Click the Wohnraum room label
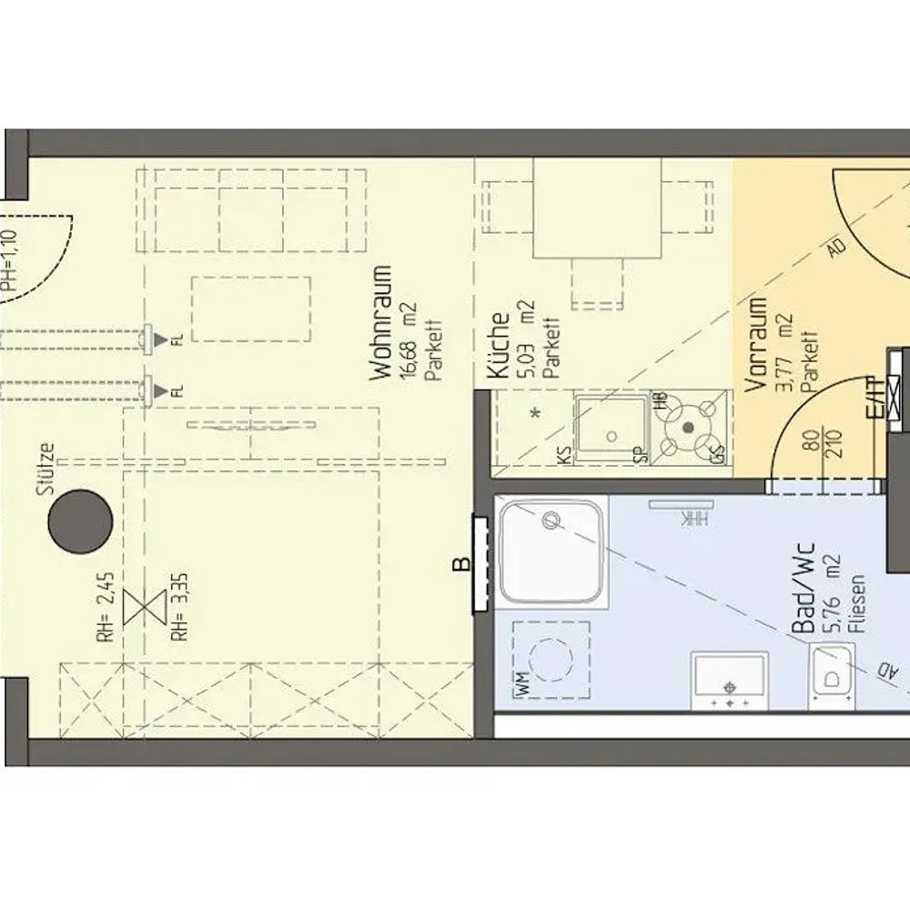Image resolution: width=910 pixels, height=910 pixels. point(381,322)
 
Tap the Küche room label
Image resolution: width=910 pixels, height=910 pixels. point(499,346)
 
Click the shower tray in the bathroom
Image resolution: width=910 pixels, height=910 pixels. point(550,551)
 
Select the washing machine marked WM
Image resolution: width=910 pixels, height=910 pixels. point(550,660)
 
